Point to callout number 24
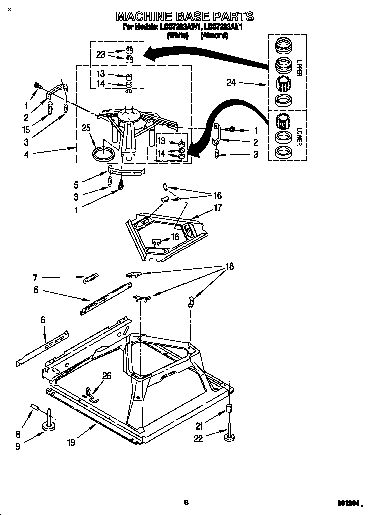point(231,83)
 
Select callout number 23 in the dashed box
point(101,55)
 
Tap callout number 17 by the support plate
point(218,207)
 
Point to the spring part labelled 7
point(91,277)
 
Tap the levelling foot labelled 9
point(49,426)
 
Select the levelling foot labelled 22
point(230,438)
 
